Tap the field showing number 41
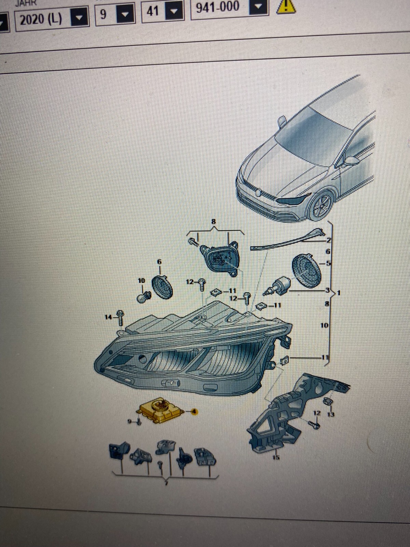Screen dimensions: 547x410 153,11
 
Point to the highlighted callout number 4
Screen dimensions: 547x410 195,412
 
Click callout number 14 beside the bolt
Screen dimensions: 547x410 108,318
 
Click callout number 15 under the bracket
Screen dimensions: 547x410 276,457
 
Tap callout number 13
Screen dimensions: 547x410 331,414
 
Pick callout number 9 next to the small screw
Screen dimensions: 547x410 130,422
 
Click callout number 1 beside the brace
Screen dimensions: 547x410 339,293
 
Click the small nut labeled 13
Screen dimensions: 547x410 327,401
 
